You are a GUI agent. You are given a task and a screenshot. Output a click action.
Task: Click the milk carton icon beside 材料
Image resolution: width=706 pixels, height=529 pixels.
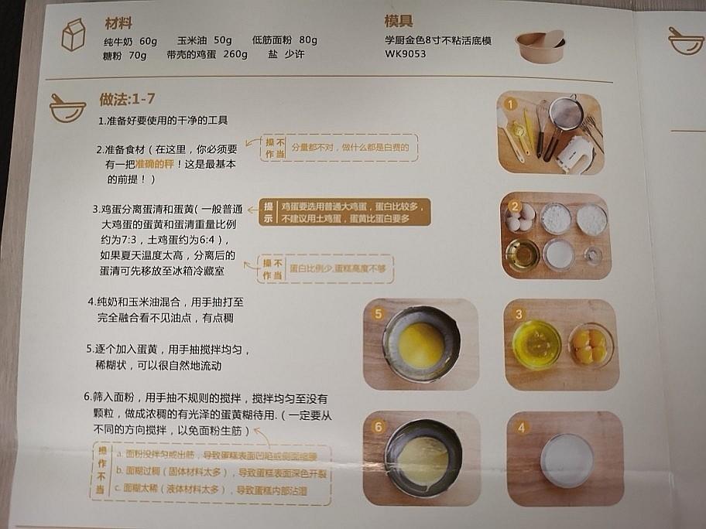point(74,36)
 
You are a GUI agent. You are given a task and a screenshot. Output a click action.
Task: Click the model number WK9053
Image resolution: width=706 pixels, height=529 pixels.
point(405,54)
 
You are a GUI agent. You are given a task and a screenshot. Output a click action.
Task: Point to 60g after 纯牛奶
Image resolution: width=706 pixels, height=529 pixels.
point(148,41)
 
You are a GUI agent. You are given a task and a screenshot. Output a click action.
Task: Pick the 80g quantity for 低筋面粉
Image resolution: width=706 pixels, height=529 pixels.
point(308,40)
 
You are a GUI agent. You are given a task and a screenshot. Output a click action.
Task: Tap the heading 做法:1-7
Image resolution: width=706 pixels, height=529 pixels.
point(128,99)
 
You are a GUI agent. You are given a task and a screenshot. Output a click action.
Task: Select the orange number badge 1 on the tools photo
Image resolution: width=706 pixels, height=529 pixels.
point(510,104)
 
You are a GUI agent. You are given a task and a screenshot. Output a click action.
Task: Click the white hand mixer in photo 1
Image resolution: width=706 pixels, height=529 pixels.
point(574,152)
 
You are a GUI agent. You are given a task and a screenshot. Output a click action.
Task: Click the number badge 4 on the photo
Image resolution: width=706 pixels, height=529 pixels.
point(522,427)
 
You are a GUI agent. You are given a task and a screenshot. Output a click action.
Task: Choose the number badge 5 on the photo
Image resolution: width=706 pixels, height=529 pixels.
point(378,314)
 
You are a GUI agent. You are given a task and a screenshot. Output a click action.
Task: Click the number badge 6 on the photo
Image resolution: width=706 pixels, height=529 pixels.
point(378,427)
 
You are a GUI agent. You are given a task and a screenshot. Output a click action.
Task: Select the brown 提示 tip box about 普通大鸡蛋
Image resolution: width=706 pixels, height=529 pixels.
point(344,213)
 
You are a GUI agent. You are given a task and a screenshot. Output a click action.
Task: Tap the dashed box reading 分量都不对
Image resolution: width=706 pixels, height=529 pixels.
point(341,147)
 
